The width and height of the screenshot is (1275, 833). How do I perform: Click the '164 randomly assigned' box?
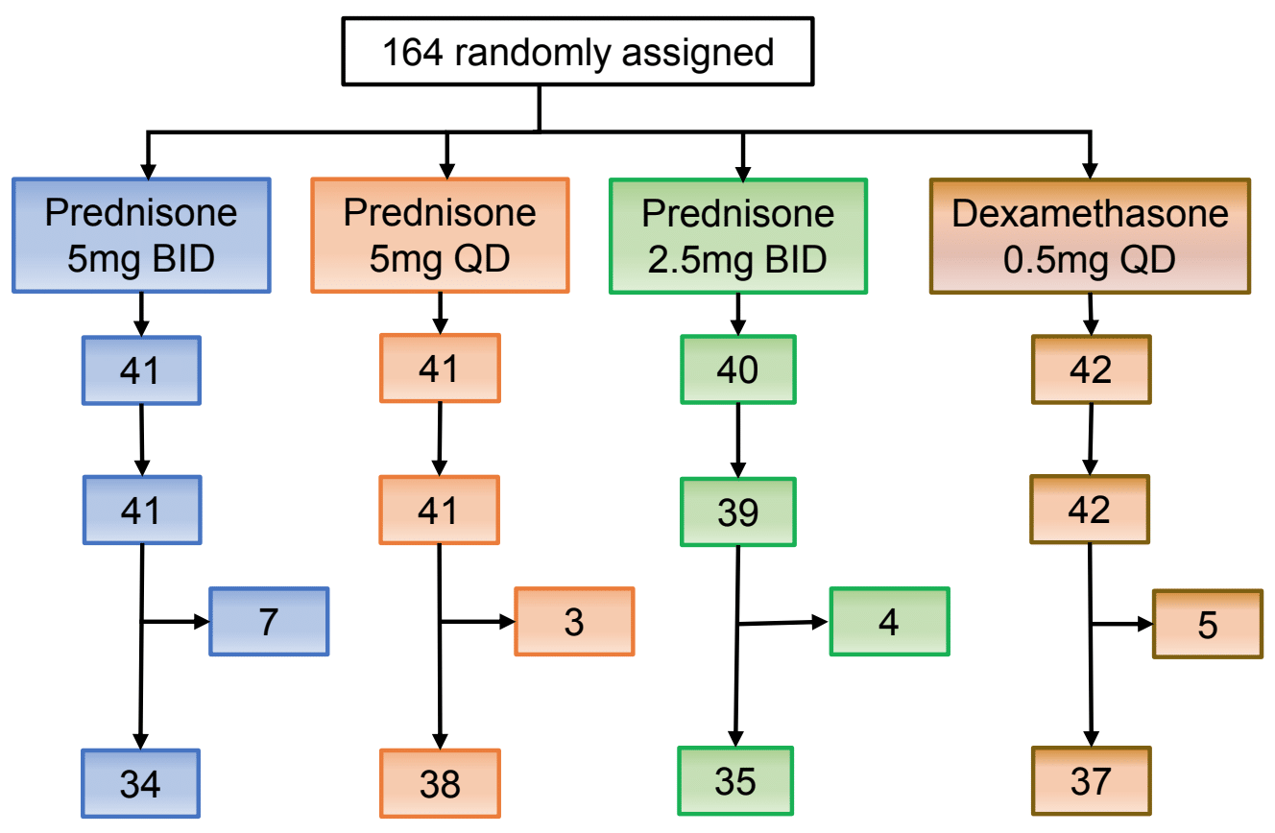[578, 52]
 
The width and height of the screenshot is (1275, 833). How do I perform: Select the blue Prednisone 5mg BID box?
[141, 235]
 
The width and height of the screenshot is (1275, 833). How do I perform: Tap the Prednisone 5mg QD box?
[440, 235]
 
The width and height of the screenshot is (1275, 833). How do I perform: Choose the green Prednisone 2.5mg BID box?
[738, 236]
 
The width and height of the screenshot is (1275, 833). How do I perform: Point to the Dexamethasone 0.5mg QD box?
[1090, 236]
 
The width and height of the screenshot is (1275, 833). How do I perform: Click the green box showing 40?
[738, 369]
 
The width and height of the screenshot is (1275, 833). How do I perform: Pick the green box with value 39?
[738, 512]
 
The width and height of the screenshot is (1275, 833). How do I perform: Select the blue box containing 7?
[269, 621]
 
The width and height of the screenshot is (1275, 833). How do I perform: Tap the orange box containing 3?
[574, 621]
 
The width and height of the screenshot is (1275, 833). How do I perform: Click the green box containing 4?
[890, 621]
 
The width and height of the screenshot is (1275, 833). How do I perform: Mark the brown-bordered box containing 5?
[1208, 624]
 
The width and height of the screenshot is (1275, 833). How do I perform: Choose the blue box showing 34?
[140, 783]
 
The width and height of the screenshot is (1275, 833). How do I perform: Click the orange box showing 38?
[440, 783]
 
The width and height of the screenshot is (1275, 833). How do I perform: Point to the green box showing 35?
[735, 780]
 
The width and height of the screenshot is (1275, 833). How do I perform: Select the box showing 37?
[1092, 780]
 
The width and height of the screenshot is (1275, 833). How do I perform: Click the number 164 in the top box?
[413, 53]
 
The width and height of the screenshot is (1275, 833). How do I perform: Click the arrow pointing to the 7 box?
[176, 621]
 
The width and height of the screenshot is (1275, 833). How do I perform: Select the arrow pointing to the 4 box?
[783, 623]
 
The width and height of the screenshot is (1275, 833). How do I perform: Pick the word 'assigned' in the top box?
[698, 55]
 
